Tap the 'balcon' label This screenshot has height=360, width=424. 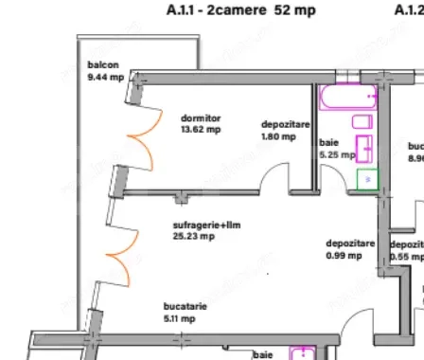point(101,64)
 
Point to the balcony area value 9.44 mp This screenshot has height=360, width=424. point(104,77)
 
